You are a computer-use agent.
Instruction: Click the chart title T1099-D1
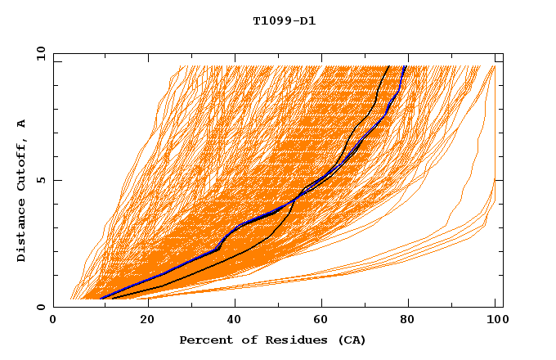point(284,20)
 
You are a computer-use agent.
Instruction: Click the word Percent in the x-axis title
point(203,340)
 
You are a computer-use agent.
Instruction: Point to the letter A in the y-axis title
point(22,124)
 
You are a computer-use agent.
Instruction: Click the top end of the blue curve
point(405,66)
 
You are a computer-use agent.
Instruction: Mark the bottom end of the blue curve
point(100,299)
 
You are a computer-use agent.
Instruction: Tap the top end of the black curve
point(388,66)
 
